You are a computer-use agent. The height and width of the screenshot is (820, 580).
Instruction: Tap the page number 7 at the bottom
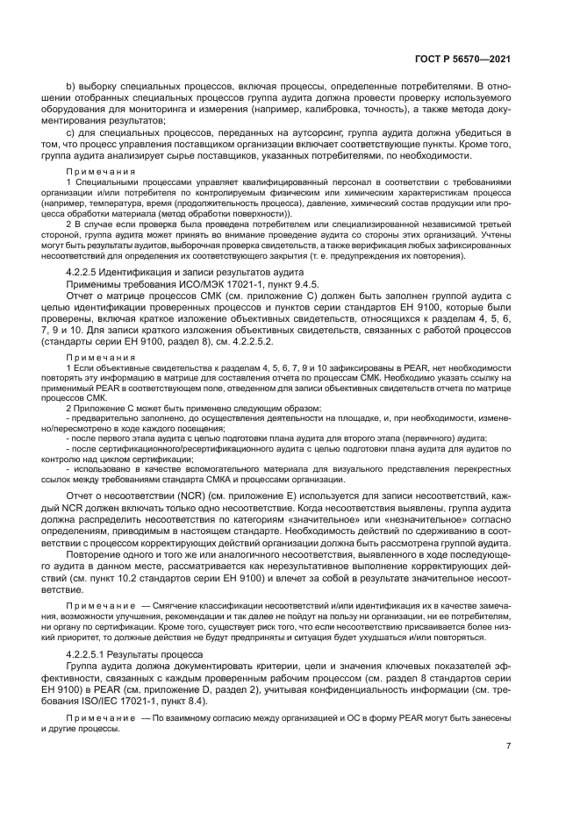(508, 745)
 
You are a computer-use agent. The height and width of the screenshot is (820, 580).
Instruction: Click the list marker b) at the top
(72, 86)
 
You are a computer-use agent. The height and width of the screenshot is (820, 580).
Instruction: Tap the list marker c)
(72, 132)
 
